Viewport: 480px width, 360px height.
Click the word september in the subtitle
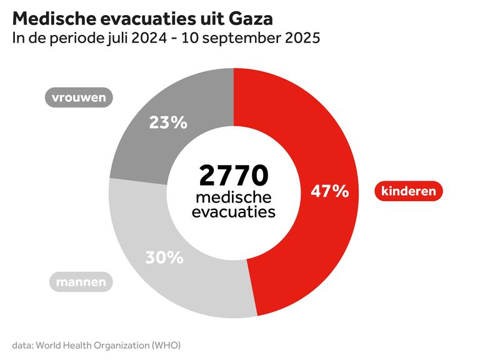(244, 38)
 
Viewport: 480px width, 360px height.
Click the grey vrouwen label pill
(79, 97)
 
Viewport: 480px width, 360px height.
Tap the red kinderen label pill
(409, 191)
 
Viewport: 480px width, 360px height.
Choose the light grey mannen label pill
(81, 282)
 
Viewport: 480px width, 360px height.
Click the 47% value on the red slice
(329, 191)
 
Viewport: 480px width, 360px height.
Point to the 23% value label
(168, 122)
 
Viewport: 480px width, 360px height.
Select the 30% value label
(164, 257)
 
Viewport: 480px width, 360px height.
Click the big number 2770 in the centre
(234, 176)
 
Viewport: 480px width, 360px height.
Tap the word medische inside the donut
(234, 197)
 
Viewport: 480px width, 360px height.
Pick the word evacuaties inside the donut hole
(234, 212)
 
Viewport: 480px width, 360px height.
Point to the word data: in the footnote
(23, 344)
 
